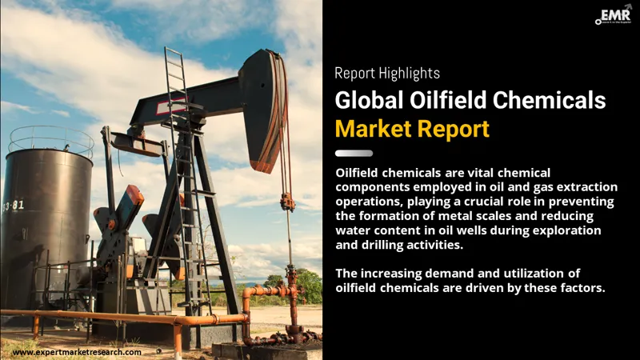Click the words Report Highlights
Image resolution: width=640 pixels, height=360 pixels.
(387, 74)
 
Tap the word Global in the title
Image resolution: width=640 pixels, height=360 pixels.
(370, 101)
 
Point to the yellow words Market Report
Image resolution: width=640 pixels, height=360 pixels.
(412, 128)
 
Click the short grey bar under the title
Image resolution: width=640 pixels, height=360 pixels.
(354, 153)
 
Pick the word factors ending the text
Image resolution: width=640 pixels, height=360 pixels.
(579, 288)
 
